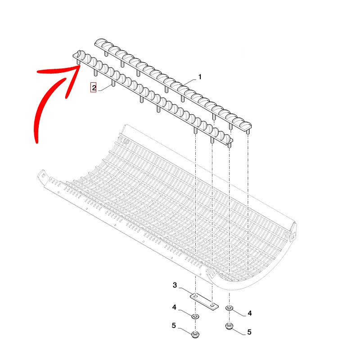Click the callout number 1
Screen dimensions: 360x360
coord(200,77)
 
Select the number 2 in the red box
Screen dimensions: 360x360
coord(94,88)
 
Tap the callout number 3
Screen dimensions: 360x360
coord(175,285)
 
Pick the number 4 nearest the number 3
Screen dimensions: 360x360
coord(175,307)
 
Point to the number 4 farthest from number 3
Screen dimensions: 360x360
coord(250,313)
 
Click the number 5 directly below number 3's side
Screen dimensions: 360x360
coord(174,325)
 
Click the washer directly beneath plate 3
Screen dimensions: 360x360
coord(195,317)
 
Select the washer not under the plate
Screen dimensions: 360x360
coord(229,308)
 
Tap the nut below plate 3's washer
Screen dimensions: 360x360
coord(195,334)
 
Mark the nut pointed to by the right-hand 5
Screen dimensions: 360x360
coord(229,326)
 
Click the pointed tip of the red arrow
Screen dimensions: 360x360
coord(80,65)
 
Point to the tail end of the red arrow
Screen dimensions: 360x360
coord(36,142)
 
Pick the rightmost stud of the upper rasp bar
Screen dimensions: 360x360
coord(248,132)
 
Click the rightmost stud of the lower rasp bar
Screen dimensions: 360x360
coord(229,145)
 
